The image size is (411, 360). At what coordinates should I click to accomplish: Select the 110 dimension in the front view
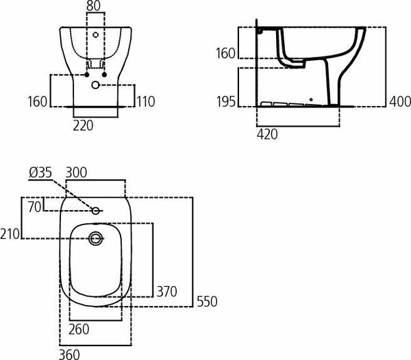click(x=145, y=101)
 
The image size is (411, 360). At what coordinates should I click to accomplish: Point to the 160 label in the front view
click(x=38, y=101)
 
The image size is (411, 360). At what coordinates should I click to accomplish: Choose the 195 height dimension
click(x=226, y=101)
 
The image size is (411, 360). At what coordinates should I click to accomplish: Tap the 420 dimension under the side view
click(x=267, y=134)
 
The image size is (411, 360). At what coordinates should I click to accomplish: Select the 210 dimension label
click(x=10, y=235)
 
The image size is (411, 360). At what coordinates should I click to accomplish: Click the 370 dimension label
click(x=166, y=291)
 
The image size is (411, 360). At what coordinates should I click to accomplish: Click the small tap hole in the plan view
click(x=96, y=210)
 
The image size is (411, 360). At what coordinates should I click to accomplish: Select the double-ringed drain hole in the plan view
click(x=95, y=238)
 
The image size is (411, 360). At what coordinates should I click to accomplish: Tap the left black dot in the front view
click(x=86, y=74)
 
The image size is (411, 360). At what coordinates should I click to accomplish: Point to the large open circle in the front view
click(x=95, y=85)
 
